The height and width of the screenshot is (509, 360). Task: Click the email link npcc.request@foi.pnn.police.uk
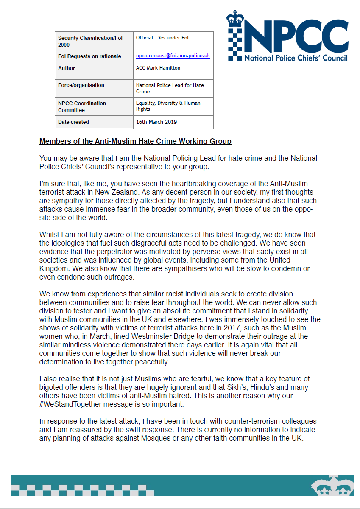pos(173,56)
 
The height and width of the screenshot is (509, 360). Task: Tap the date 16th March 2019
pos(156,122)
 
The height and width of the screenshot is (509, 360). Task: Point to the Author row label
pos(67,68)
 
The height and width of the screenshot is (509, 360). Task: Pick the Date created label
pos(73,122)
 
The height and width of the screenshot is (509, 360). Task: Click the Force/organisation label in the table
pos(81,85)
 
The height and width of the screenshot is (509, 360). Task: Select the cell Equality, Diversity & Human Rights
pos(168,106)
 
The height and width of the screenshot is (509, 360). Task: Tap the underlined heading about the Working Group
pos(135,141)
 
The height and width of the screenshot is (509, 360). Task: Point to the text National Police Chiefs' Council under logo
pos(296,58)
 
